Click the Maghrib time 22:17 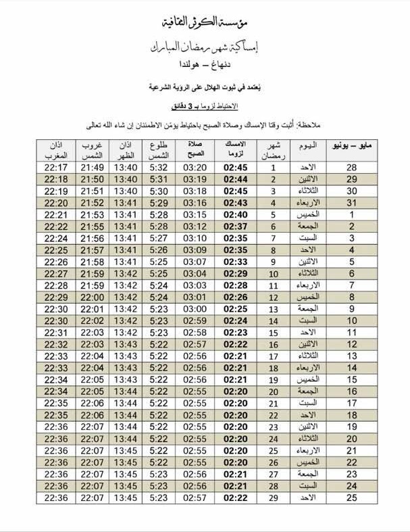55,167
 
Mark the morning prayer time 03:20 195,167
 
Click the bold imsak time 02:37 235,226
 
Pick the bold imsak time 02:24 235,320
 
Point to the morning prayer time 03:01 195,297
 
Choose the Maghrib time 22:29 55,297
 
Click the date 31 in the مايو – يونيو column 351,202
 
